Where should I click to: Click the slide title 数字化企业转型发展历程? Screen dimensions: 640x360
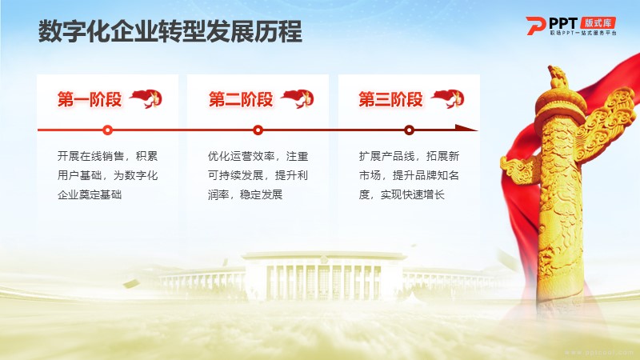170,31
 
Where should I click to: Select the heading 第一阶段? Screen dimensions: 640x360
90,99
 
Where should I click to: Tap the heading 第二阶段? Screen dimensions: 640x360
241,99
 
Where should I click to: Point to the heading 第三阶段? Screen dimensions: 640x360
390,99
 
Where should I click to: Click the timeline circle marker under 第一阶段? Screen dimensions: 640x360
108,130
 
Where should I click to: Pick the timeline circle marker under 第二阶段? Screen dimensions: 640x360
258,130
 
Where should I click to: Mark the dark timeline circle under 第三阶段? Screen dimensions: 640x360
409,130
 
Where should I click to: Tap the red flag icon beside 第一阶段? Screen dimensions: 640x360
146,98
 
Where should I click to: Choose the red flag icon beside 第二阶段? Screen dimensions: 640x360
297,98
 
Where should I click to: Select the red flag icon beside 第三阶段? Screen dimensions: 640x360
448,98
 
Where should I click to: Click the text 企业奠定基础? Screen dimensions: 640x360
90,194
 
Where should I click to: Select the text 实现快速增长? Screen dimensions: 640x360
412,194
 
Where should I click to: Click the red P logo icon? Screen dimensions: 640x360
535,26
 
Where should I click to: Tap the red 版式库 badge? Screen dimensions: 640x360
598,23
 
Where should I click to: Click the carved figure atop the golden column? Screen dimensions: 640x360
558,77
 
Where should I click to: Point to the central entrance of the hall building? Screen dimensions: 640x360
323,282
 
